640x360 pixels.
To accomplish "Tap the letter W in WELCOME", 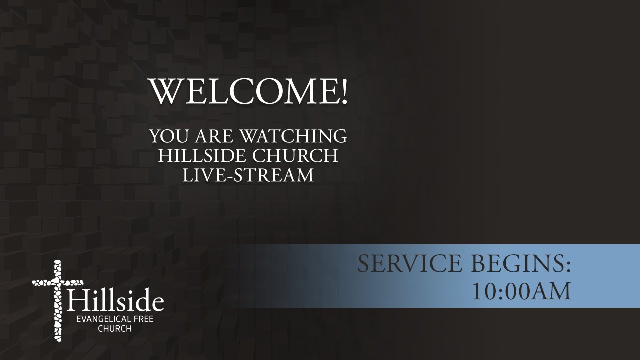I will point(164,91).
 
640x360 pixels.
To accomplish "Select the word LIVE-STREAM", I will point(248,175).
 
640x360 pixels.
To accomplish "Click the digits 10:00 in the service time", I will point(501,292).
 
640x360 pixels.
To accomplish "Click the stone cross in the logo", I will point(56,300).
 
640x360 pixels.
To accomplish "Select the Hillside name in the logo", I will point(115,301).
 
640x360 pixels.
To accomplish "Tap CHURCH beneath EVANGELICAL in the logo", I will point(115,329).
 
